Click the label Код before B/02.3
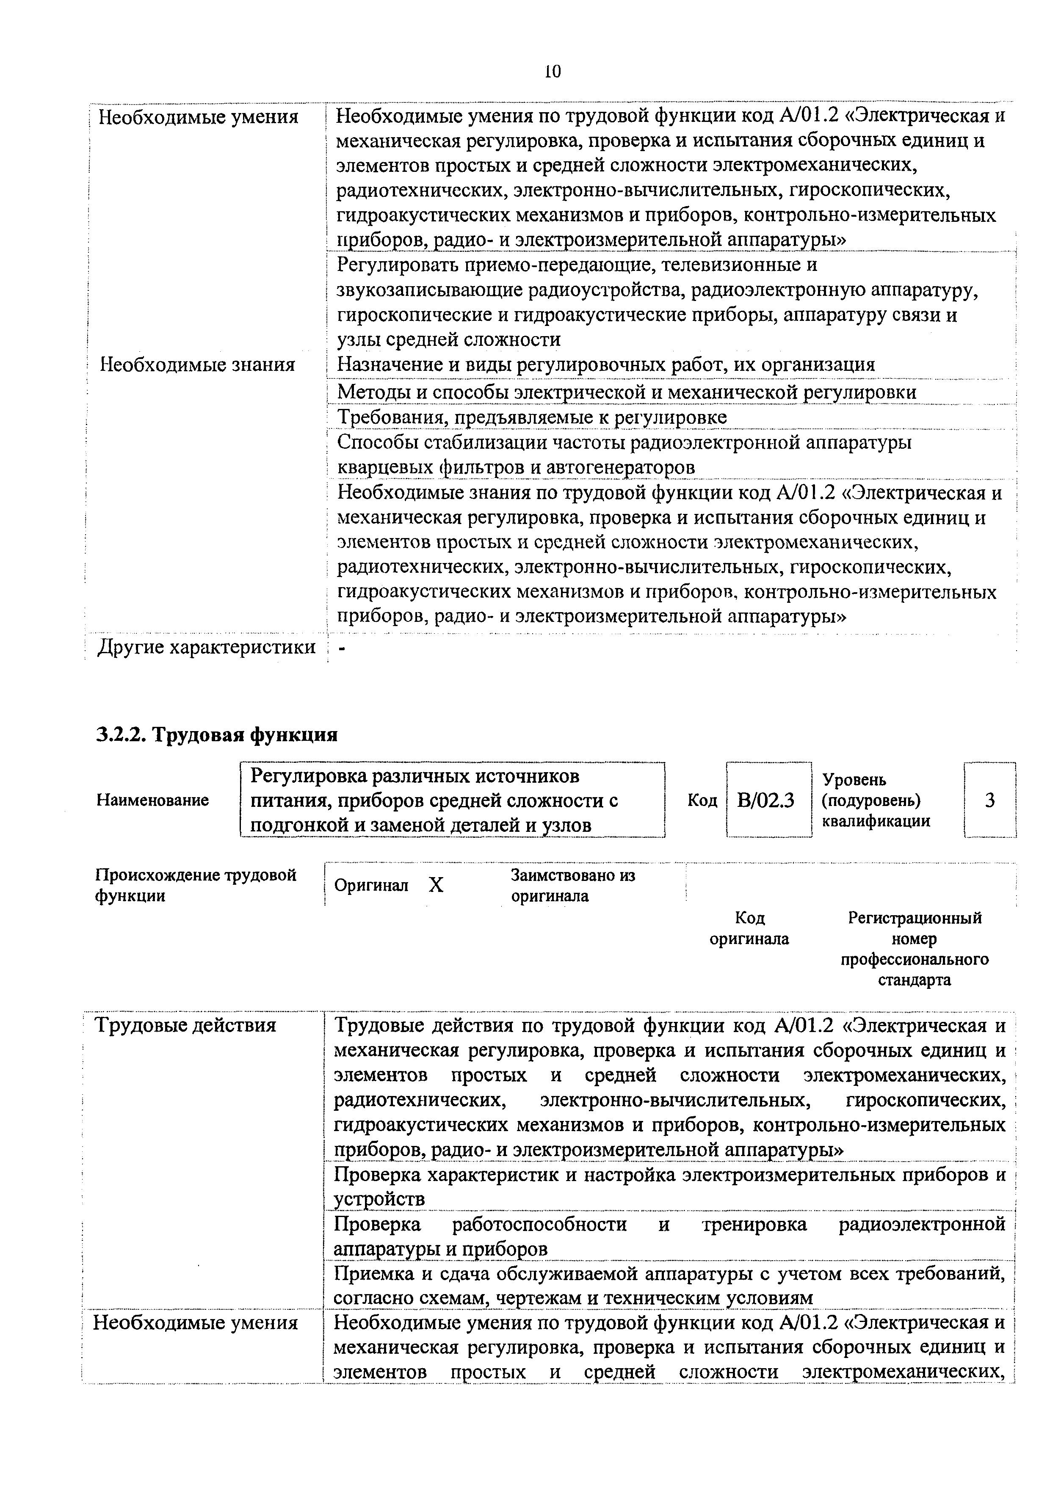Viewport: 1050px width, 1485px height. click(702, 801)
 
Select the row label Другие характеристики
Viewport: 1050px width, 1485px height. click(206, 647)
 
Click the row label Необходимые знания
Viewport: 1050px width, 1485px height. click(197, 365)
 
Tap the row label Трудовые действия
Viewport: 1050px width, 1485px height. click(186, 1025)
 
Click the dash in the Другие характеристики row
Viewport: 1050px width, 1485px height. click(342, 649)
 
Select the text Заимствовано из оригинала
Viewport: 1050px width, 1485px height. click(572, 886)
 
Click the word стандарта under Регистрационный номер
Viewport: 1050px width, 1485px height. click(914, 980)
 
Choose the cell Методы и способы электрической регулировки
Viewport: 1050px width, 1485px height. click(626, 392)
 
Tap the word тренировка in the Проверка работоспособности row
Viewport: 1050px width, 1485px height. click(754, 1224)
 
